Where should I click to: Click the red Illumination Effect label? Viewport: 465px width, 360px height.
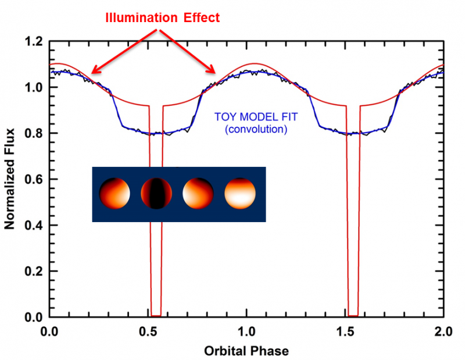162,18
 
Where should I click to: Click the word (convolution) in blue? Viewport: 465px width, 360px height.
256,129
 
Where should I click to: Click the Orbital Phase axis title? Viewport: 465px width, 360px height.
246,351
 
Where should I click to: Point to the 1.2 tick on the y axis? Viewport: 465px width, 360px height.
34,42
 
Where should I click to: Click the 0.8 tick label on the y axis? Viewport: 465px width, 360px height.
34,134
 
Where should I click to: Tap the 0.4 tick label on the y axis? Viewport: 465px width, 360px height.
34,226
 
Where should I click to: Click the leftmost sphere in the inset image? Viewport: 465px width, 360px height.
113,194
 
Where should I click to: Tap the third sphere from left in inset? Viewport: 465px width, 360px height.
198,194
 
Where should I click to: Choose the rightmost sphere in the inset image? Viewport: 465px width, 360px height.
240,194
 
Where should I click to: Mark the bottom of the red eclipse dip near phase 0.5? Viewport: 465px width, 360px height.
156,315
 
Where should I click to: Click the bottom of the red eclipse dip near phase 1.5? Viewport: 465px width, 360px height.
353,315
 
